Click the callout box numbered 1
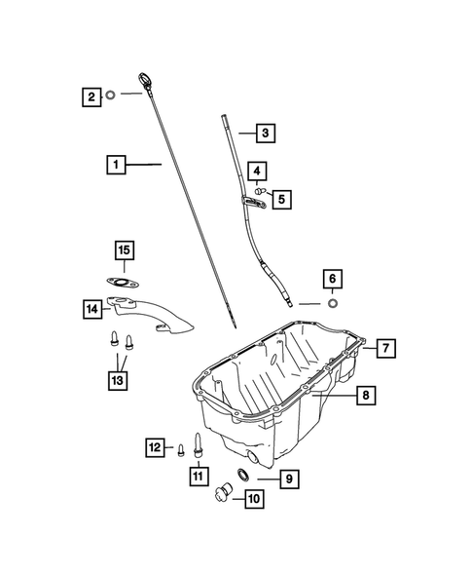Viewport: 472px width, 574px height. point(117,166)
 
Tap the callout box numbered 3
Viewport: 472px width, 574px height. point(264,132)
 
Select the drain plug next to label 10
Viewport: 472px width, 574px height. point(222,489)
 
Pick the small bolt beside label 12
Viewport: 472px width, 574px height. point(181,448)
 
